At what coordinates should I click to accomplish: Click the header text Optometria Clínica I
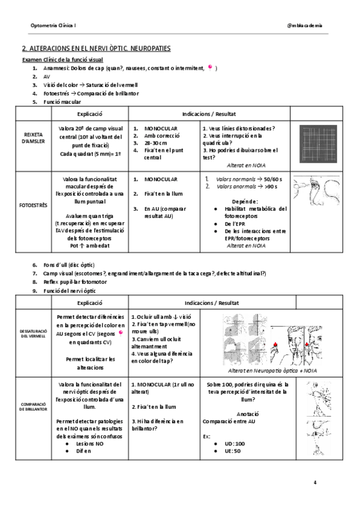pos(53,25)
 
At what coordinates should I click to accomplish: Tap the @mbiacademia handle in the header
pos(305,25)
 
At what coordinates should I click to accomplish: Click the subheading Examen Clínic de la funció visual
pos(62,60)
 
